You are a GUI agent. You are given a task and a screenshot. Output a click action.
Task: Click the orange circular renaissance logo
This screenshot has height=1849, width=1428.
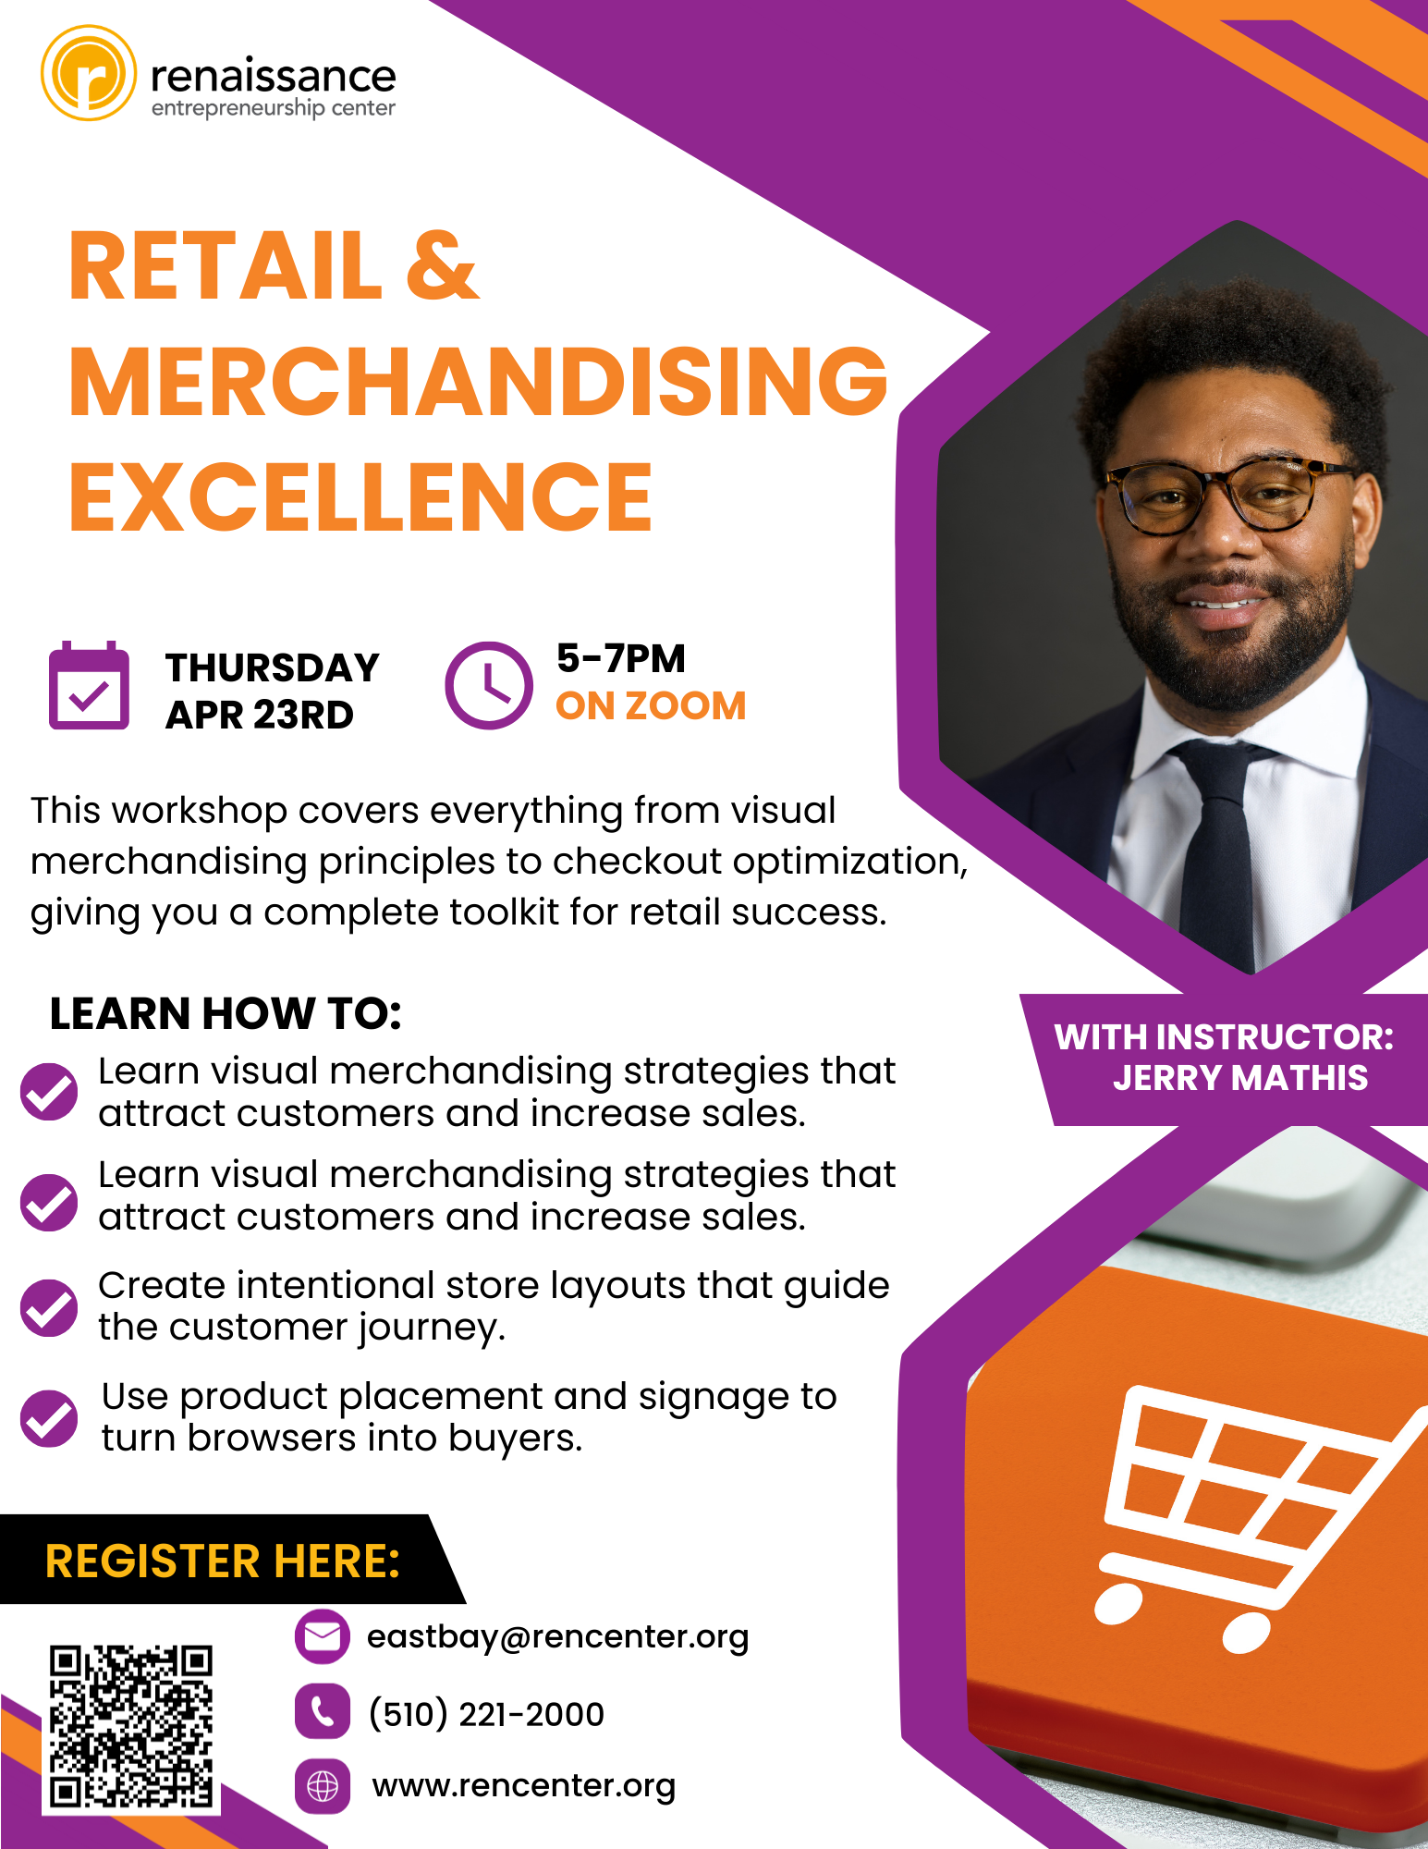tap(89, 73)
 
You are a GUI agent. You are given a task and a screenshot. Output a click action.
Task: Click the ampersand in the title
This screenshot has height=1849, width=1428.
tap(442, 266)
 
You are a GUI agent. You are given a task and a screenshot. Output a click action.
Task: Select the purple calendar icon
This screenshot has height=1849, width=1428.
tap(89, 685)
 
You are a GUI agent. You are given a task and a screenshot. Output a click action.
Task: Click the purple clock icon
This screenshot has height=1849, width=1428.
tap(489, 685)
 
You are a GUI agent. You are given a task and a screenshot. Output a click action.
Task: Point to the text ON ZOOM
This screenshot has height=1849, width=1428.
tap(651, 705)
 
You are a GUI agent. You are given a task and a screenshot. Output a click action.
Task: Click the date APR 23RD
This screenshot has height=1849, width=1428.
tap(260, 715)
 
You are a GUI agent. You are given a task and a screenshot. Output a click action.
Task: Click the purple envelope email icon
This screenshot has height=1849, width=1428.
tap(323, 1637)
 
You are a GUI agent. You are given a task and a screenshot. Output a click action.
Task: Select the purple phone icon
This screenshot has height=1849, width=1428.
tap(323, 1711)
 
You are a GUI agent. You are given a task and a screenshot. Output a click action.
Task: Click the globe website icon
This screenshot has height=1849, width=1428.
tap(323, 1786)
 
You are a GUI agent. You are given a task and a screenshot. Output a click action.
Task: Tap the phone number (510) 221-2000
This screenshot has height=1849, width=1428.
tap(486, 1714)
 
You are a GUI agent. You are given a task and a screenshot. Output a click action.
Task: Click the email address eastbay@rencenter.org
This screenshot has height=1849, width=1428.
tap(558, 1637)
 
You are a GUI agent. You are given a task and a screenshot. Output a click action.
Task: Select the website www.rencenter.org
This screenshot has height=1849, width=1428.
tap(524, 1786)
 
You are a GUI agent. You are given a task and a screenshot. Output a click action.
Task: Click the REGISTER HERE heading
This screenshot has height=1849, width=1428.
tap(223, 1561)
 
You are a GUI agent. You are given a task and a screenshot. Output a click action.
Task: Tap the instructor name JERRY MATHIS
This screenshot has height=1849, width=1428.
tap(1240, 1078)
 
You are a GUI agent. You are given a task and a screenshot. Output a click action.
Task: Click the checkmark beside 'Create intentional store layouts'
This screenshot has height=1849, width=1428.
tap(49, 1307)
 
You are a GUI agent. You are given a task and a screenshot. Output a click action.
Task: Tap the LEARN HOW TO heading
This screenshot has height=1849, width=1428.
tap(226, 1013)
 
